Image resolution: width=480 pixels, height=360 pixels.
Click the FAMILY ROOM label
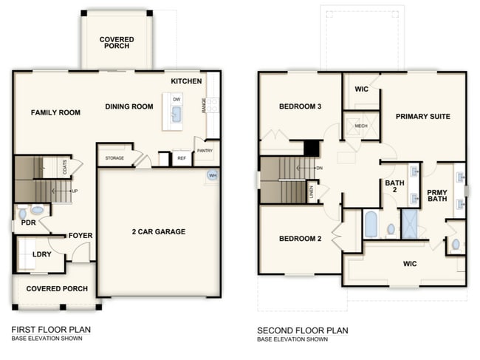click(55, 112)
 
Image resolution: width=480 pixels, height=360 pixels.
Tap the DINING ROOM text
click(129, 106)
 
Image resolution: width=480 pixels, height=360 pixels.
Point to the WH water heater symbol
click(213, 175)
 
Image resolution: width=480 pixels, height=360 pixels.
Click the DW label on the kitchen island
click(176, 98)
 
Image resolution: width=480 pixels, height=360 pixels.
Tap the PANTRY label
click(205, 150)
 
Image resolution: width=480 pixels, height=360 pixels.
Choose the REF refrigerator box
click(181, 157)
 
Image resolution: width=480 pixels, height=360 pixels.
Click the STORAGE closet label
click(114, 158)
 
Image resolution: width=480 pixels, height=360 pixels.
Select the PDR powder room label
click(29, 222)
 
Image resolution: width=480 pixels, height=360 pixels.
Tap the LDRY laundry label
click(42, 254)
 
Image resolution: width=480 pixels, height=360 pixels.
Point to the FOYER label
click(80, 236)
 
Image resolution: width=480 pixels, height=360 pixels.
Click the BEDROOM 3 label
click(300, 106)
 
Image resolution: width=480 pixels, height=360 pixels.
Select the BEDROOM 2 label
click(299, 239)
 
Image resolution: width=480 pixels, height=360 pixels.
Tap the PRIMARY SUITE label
click(423, 116)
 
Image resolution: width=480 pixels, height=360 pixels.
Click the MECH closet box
click(360, 126)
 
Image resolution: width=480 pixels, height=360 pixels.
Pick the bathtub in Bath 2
click(371, 224)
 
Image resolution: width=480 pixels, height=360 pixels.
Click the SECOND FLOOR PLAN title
click(303, 330)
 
